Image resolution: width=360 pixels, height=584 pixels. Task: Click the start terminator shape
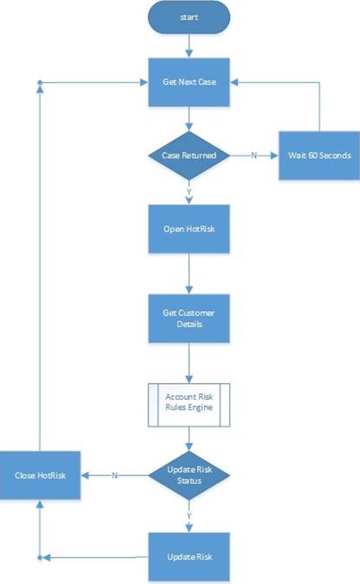(x=189, y=17)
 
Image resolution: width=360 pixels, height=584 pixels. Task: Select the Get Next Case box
(x=189, y=82)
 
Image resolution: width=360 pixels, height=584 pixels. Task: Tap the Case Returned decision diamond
(x=189, y=155)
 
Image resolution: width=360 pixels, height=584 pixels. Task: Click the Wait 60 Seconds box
(x=320, y=155)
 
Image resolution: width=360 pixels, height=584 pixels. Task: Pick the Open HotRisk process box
(x=189, y=229)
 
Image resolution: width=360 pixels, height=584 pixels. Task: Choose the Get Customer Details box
(x=189, y=318)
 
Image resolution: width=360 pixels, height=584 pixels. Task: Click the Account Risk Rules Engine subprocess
(x=189, y=405)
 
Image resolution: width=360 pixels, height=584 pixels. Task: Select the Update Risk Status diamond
(x=189, y=475)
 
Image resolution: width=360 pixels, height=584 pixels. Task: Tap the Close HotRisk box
(x=40, y=475)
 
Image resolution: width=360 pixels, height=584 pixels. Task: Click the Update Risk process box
(x=189, y=557)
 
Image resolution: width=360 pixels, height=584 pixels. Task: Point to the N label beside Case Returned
(x=254, y=155)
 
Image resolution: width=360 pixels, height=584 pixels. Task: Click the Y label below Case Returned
(x=189, y=191)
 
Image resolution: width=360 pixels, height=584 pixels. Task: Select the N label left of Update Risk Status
(x=114, y=475)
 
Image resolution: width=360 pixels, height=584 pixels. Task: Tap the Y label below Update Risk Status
(x=189, y=516)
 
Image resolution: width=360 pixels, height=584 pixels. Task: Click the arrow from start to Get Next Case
(x=189, y=46)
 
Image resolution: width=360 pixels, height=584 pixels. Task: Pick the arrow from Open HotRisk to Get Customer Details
(x=189, y=274)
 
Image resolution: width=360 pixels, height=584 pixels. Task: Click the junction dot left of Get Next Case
(x=40, y=82)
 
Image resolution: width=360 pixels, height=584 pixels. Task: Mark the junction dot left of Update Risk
(x=40, y=557)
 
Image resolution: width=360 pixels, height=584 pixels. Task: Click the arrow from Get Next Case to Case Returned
(x=189, y=119)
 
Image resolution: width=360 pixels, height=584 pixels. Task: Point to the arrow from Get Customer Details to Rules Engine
(x=189, y=363)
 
